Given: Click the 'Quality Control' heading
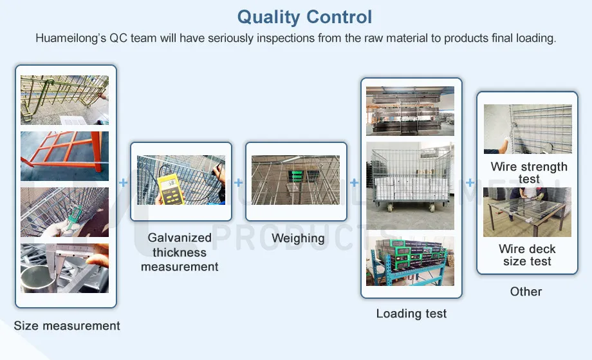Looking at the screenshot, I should [304, 17].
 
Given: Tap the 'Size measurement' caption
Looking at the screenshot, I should [67, 325].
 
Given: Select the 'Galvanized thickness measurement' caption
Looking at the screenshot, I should [180, 252].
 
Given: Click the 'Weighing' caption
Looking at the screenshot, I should [297, 238].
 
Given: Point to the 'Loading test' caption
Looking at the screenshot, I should [411, 314].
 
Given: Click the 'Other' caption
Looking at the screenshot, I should [526, 291].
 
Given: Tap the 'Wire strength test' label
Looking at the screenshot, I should [528, 173].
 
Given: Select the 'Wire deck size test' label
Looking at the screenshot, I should [527, 255].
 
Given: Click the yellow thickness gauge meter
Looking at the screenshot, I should [169, 185].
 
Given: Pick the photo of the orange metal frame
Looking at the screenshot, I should [64, 156].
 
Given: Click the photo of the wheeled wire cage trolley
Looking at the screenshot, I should [410, 185].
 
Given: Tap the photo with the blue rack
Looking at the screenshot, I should [410, 261].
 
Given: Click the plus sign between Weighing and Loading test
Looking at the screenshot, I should [354, 183].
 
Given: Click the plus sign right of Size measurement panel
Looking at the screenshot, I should [124, 183].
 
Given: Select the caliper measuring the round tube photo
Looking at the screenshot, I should [64, 268].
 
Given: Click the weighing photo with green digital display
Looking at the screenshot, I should [296, 180].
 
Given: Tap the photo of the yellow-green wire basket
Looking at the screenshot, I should [64, 100].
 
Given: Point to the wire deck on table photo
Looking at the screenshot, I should [527, 212].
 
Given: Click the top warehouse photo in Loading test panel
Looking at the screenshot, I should [410, 111].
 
